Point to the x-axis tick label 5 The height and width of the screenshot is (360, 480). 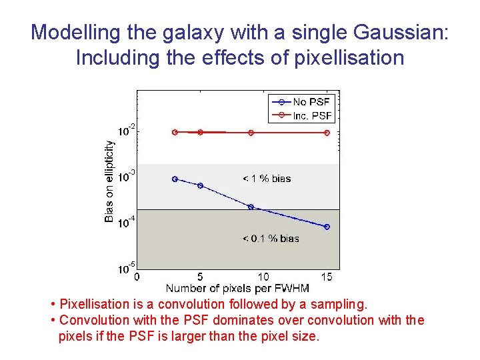pyautogui.click(x=200, y=277)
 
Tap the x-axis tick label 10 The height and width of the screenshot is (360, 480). pyautogui.click(x=263, y=277)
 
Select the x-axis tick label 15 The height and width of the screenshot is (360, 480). pyautogui.click(x=327, y=277)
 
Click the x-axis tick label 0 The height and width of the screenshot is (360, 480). pyautogui.click(x=137, y=277)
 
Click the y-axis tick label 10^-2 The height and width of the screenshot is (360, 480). pyautogui.click(x=127, y=131)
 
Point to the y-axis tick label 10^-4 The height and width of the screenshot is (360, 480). pyautogui.click(x=127, y=222)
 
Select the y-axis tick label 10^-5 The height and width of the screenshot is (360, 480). pyautogui.click(x=127, y=268)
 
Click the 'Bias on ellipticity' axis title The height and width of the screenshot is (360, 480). pyautogui.click(x=109, y=181)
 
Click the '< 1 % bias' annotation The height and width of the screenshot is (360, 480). pyautogui.click(x=267, y=179)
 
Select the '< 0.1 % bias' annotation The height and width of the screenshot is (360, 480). pyautogui.click(x=270, y=239)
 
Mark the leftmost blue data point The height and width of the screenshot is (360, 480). pyautogui.click(x=175, y=179)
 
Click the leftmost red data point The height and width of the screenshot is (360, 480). pyautogui.click(x=175, y=132)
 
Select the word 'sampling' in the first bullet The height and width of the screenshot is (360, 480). pyautogui.click(x=339, y=305)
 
